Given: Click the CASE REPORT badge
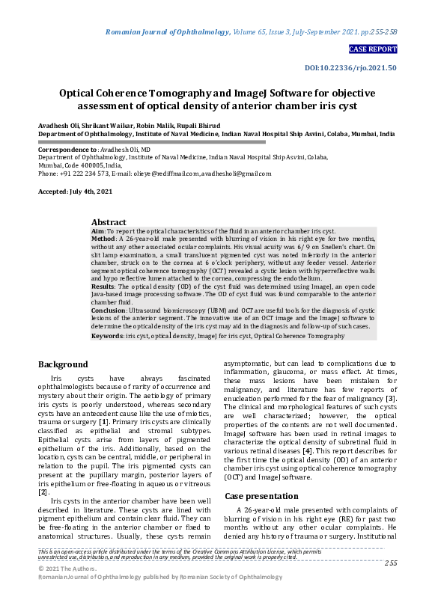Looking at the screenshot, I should point(373,49).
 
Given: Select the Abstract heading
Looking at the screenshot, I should point(109,222).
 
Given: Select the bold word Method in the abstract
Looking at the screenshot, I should point(104,241).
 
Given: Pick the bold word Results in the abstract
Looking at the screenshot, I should point(103,287).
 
